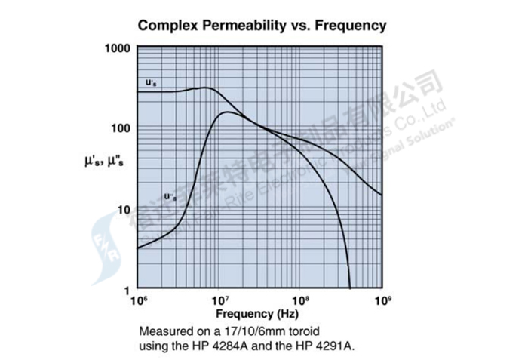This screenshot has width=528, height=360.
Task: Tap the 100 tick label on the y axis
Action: tap(121, 128)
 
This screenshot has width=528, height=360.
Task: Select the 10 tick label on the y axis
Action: tap(124, 209)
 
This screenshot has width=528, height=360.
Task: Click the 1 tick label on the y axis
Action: tap(127, 291)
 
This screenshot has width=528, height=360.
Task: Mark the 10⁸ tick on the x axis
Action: tap(300, 301)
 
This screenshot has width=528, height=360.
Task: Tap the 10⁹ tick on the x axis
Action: tap(382, 301)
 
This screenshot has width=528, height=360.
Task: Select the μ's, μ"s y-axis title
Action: tap(105, 161)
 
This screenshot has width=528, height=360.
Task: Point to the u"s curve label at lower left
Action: tap(170, 196)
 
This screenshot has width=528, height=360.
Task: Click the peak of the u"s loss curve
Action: tap(228, 112)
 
